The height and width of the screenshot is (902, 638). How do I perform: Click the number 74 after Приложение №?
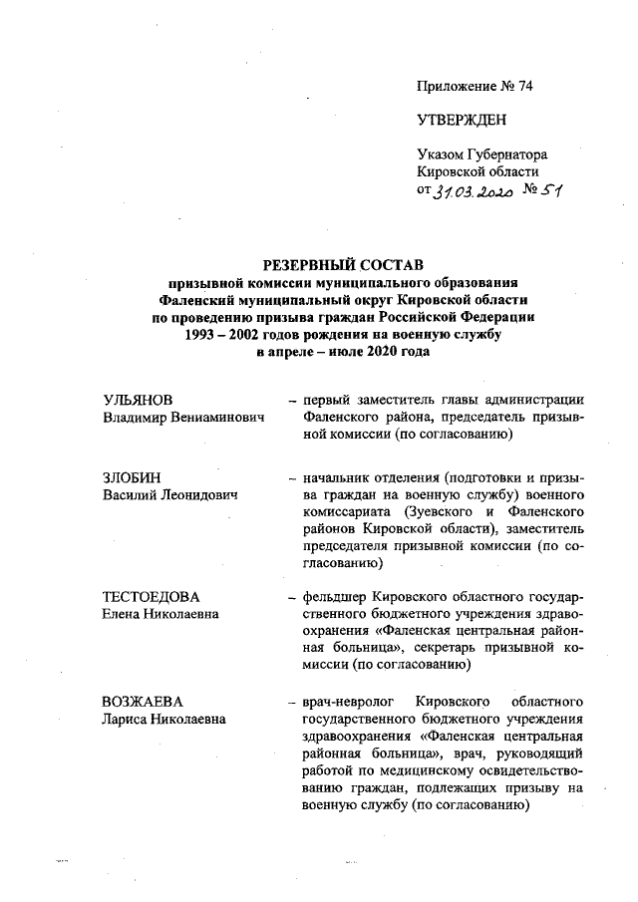[524, 86]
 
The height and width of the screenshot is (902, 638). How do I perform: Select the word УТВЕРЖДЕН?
[462, 121]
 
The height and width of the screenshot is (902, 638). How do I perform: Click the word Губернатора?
[506, 155]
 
